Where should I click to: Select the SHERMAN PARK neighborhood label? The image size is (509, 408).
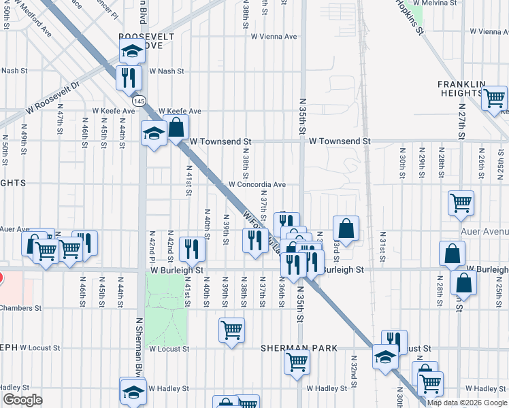(x=299, y=348)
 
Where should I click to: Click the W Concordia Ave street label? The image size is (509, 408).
(x=257, y=184)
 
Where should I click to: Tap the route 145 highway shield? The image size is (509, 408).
(x=139, y=101)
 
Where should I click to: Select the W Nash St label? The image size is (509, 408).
(x=164, y=71)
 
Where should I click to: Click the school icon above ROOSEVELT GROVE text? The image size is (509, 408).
(x=132, y=50)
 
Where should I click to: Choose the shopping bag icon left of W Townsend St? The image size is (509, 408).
(x=176, y=127)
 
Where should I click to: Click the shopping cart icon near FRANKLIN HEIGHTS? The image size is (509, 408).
(x=494, y=98)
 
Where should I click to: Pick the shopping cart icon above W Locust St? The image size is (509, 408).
(x=231, y=330)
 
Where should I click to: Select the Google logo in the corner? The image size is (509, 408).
(x=22, y=400)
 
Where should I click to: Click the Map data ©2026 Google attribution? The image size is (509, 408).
(x=467, y=403)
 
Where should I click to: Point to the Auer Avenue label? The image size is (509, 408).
(x=484, y=231)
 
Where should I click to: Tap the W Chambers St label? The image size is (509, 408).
(x=20, y=308)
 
